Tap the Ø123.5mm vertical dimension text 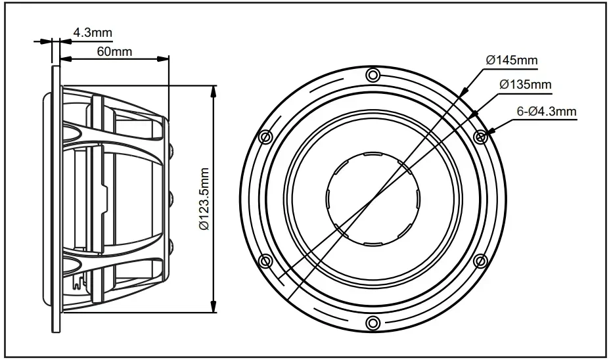point(204,198)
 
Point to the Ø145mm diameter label point(511,60)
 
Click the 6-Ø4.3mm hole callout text point(546,112)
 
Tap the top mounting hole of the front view point(373,74)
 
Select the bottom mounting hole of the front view point(373,322)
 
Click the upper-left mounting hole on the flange point(265,136)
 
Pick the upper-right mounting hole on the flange point(480,136)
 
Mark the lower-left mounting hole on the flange point(265,261)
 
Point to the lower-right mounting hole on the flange point(480,261)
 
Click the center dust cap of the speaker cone point(373,198)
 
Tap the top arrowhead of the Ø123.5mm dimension point(213,89)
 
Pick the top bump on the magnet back point(171,151)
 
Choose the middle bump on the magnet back point(171,198)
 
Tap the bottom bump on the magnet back point(171,245)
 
